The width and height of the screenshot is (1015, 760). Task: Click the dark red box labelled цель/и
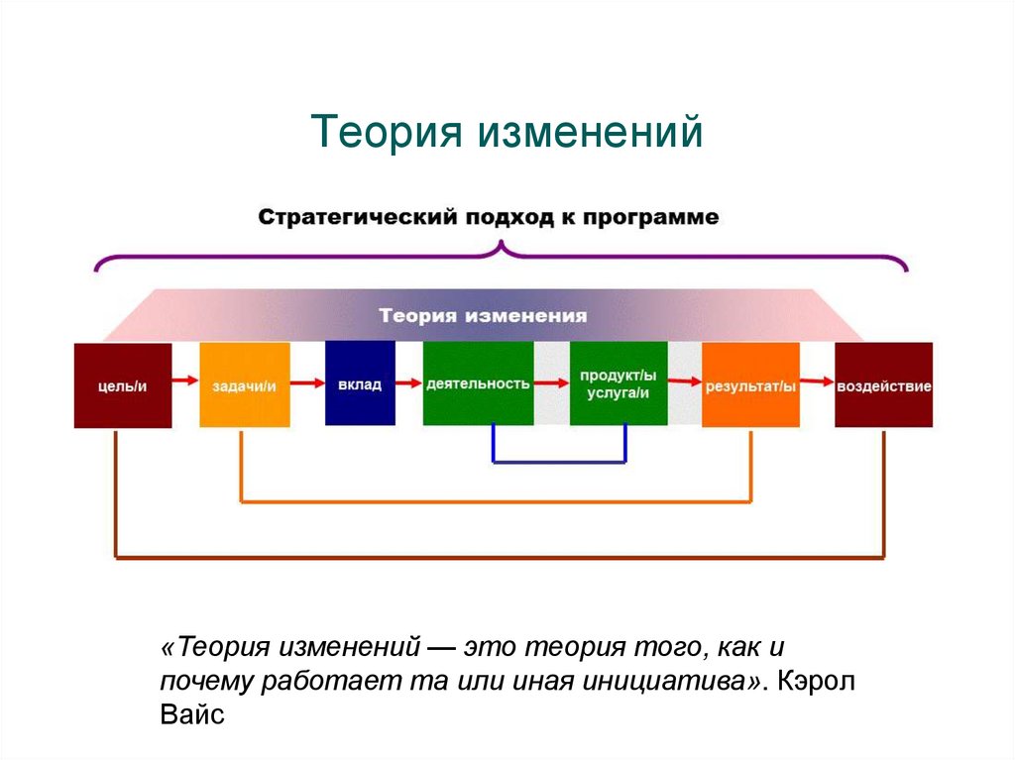123,384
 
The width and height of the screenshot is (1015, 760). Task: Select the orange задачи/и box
244,384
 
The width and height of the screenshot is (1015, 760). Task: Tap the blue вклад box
359,383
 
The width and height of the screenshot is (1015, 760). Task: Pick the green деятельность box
478,383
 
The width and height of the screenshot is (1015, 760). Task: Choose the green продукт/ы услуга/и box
618,383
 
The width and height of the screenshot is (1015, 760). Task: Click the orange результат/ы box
750,384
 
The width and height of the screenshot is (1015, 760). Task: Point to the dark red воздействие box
883,384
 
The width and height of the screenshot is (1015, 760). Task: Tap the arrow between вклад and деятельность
408,382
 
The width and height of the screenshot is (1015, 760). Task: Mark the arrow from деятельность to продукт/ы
551,381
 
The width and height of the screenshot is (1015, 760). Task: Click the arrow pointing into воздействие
817,380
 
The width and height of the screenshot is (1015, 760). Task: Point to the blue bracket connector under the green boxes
559,462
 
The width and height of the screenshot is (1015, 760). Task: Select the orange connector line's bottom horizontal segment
496,502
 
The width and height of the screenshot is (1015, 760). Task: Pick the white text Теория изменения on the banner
483,316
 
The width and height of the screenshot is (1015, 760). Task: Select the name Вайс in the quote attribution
192,713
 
